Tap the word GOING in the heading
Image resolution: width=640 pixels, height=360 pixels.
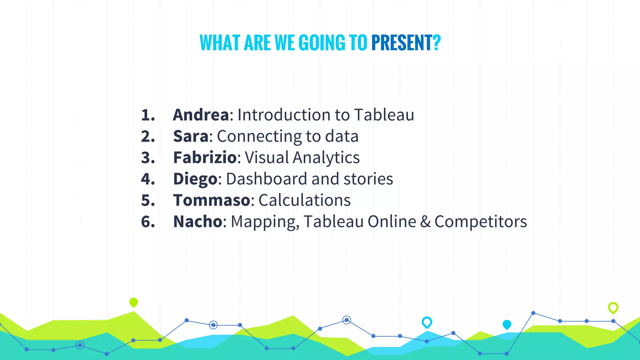coord(322,43)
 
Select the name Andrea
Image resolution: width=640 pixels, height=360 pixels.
coord(201,115)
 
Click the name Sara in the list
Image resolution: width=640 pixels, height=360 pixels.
coord(191,136)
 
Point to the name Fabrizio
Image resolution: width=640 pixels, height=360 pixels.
coord(205,157)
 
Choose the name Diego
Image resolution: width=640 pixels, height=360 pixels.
coord(195,179)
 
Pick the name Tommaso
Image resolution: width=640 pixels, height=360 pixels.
coord(212,200)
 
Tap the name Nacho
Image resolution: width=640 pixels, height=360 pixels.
coord(197,222)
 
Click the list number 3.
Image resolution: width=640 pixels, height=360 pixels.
coord(148,158)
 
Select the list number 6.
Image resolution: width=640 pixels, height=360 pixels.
coord(148,222)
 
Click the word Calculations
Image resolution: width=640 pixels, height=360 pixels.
coord(304,200)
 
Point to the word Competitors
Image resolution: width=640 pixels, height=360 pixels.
coord(481,222)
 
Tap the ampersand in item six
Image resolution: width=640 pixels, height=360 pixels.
coord(425,222)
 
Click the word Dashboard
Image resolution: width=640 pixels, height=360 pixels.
coord(267,179)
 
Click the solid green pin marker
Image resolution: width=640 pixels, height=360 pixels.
coord(133,302)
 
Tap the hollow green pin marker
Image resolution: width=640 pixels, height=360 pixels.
coord(613,308)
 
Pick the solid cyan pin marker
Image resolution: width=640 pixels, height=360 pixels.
coord(507,324)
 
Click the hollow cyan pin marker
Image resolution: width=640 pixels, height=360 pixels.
coord(427,322)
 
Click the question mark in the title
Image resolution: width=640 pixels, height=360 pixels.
coord(437,43)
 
